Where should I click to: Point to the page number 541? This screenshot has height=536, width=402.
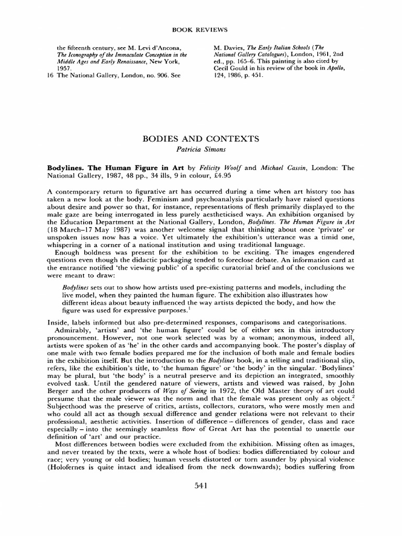point(201,485)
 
